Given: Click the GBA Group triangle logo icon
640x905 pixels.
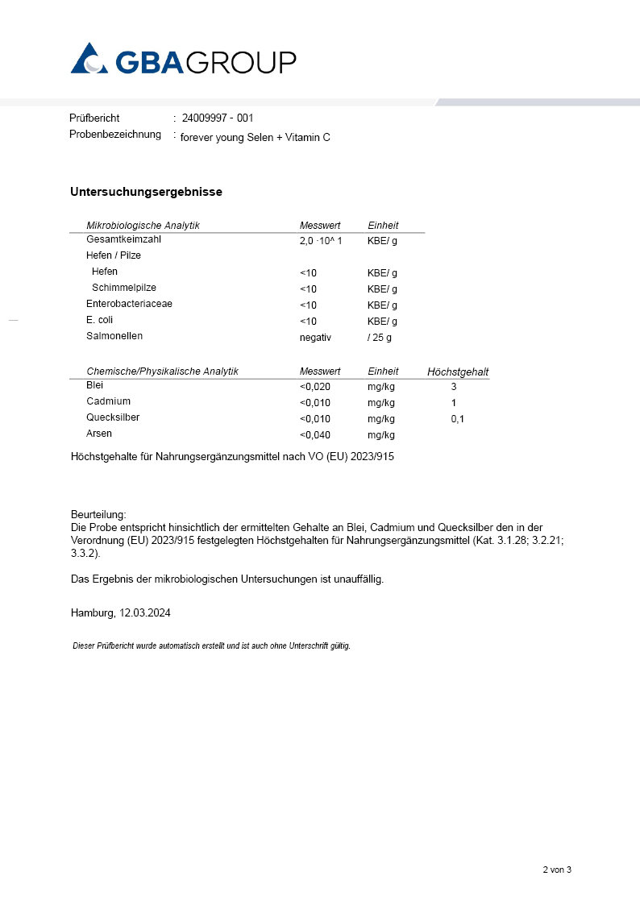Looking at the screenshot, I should coord(89,58).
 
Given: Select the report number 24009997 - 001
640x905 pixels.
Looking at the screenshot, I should coord(218,118).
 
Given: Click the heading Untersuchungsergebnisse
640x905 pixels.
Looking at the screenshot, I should coord(146,192).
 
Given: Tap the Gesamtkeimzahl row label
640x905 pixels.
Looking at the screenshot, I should coord(124,239).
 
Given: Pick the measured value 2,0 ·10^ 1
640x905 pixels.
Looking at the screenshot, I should coord(321,241).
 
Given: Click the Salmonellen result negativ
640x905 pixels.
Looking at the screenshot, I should coord(315,338).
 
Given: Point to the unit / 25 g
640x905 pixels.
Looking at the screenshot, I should coord(380,338).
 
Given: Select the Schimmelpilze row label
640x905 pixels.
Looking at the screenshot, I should coord(124,288).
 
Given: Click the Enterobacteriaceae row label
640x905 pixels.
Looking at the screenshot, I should coord(129,304).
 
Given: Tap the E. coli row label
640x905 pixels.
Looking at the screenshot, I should coord(100,320).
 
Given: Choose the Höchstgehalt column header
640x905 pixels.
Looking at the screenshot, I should coord(458,372).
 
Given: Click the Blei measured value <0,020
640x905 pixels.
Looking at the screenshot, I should coord(315,387).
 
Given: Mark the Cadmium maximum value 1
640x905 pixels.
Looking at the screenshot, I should coord(454,403).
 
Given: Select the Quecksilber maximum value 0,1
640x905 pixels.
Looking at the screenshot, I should coord(457,419).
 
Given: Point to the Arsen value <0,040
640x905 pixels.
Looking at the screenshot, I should coord(315,435).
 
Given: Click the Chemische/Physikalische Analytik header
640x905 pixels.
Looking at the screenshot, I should coord(163,372).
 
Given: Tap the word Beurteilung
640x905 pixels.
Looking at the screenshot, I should coord(98,514).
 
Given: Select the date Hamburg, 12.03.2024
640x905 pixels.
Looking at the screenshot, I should coord(121,612).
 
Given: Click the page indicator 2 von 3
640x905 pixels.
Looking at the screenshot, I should coord(556,870).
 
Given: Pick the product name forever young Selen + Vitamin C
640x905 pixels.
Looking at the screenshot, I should coord(255,138).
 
